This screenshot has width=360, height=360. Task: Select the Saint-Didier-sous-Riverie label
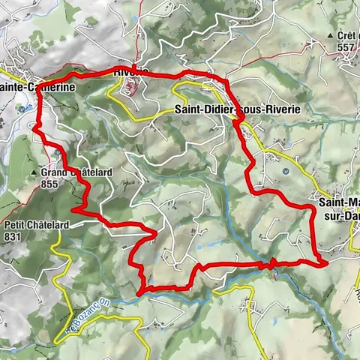click(236, 109)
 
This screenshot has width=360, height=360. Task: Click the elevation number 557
click(344, 46)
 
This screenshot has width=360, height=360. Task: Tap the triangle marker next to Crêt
click(329, 36)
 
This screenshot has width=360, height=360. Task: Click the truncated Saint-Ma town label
click(337, 202)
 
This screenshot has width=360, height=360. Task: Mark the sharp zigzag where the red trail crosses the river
click(271, 262)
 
